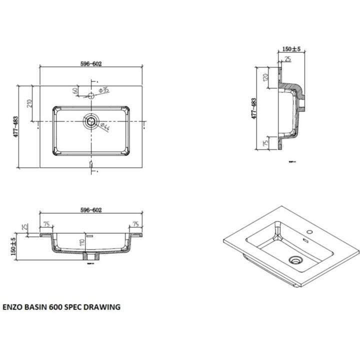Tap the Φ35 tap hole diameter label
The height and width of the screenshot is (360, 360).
(x=104, y=90)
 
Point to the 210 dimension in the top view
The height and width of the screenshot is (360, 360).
(x=30, y=104)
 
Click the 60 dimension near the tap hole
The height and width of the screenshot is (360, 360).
(x=75, y=91)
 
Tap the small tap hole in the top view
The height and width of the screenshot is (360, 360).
(x=91, y=95)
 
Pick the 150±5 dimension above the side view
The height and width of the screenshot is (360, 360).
(x=290, y=49)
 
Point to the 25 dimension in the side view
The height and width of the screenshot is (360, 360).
(x=287, y=59)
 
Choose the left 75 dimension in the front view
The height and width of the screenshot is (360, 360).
(x=46, y=224)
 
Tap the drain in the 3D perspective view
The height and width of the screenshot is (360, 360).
(x=296, y=259)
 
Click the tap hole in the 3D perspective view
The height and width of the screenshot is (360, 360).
(x=310, y=232)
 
